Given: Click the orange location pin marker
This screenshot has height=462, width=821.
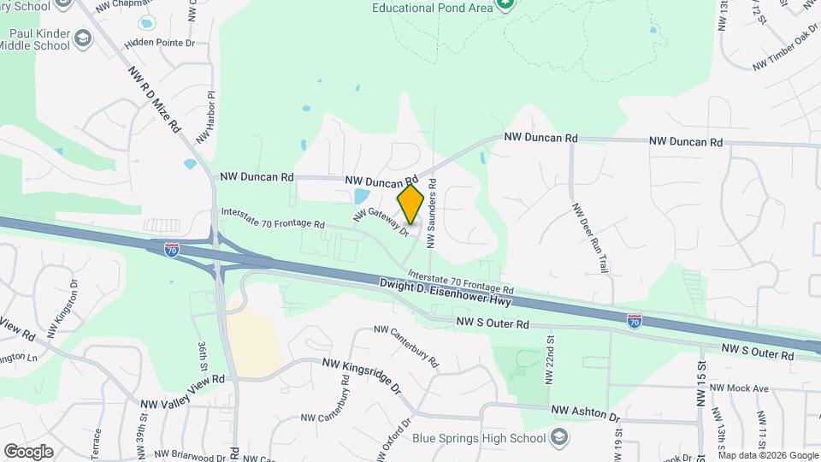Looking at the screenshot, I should point(410,204).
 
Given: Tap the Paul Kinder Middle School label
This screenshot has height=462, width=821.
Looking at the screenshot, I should point(39,39).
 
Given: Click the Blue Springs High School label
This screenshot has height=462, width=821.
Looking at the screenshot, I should point(478,439).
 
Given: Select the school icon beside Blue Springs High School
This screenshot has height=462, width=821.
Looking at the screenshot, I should point(558,439).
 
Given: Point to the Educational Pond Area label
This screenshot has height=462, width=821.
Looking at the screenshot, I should point(433,8).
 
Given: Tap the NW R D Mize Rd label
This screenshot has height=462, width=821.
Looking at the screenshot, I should point(155,99).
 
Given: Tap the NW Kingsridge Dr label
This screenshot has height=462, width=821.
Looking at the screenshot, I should point(362,375).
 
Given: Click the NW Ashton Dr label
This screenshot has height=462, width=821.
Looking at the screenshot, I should point(585,413).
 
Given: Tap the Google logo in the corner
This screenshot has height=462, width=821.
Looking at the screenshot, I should point(29,450).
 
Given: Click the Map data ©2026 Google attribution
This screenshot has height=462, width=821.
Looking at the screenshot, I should point(767,455).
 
